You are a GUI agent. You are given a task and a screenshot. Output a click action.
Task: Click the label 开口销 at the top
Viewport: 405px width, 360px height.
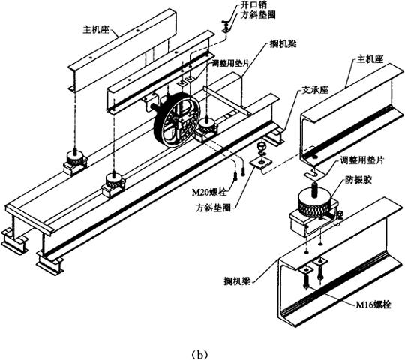pos(250,5)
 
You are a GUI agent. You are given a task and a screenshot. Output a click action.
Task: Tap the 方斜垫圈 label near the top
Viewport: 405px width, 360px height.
pos(258,15)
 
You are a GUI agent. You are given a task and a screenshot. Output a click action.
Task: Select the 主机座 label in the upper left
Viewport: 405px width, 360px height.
pos(95,29)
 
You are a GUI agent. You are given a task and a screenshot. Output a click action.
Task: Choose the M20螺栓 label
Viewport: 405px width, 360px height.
pos(210,192)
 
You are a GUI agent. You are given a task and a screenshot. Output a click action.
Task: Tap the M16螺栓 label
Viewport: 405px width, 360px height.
pos(373,304)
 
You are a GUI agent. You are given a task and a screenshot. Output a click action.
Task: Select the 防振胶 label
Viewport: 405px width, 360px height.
pos(358,180)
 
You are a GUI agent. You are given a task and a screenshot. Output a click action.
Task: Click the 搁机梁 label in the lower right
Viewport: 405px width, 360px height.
pos(237,280)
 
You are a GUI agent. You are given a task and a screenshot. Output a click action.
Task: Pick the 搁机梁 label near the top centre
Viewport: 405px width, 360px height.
pos(283,44)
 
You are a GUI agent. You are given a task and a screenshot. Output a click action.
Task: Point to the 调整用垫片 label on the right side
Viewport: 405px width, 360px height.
pos(361,160)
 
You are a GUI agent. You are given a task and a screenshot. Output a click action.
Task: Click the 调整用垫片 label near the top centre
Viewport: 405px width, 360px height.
pos(230,63)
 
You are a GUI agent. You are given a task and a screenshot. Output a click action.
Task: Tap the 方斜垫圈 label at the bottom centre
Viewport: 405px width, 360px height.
pos(213,208)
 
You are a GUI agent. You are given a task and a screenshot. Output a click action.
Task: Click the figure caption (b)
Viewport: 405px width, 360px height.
pos(199,353)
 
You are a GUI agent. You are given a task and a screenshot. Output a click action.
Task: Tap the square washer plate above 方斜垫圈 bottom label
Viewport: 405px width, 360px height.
pos(261,163)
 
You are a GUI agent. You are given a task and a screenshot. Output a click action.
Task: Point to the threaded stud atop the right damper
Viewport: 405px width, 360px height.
pos(314,190)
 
